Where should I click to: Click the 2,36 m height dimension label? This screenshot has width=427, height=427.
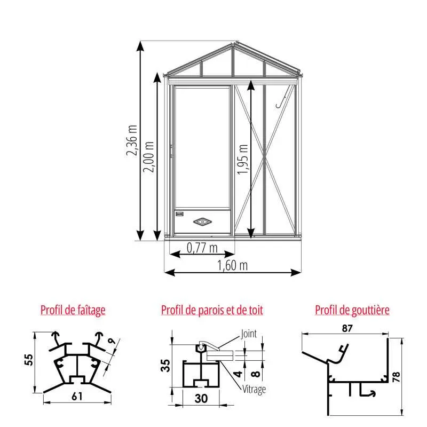tap(132, 140)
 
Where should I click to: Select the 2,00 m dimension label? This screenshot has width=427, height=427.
tap(149, 157)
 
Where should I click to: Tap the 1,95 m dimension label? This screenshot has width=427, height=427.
tap(242, 159)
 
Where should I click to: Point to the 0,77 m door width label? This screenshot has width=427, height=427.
tap(202, 248)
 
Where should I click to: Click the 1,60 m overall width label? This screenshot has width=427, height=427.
tap(232, 265)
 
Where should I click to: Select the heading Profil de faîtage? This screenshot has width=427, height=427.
tap(73, 310)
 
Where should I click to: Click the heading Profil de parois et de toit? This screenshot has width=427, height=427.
tap(212, 310)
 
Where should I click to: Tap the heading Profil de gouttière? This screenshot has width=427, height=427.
tap(352, 310)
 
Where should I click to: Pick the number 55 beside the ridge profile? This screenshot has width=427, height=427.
tap(29, 360)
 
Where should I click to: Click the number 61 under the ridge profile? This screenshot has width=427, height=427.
tap(77, 397)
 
